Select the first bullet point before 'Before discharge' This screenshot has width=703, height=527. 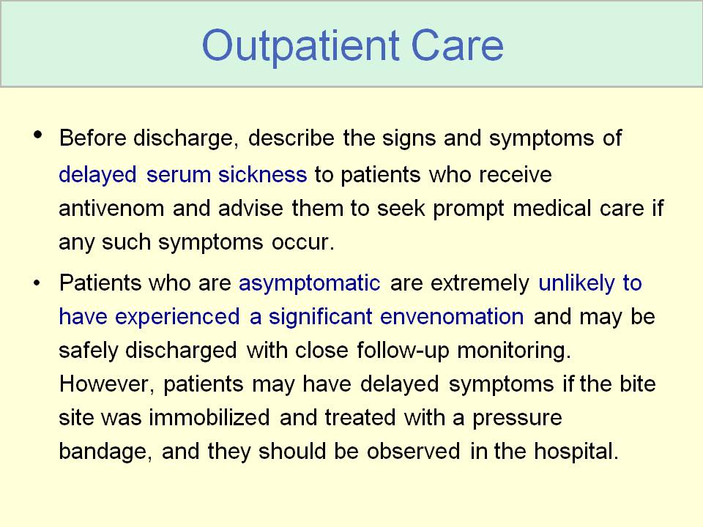point(37,135)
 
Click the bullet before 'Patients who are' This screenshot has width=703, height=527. point(37,283)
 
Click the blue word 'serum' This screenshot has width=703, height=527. point(179,174)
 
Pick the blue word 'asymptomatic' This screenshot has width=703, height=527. point(309,284)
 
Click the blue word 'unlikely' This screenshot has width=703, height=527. point(576,284)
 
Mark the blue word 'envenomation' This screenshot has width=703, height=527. point(452,317)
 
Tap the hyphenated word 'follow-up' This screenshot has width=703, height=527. point(403,351)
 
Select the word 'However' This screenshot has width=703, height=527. point(106,384)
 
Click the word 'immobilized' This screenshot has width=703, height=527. point(209,417)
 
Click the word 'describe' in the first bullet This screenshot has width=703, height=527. point(291,138)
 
